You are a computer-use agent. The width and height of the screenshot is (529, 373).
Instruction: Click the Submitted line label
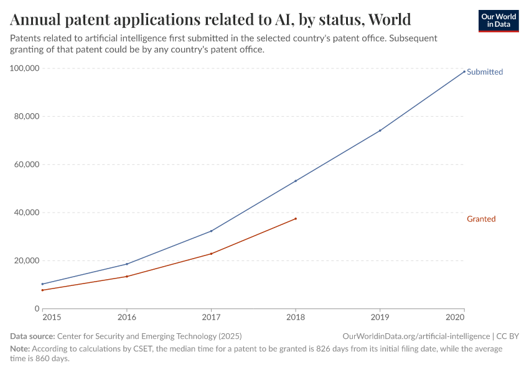(x=484, y=71)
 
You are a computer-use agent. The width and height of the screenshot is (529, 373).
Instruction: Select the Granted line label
(x=481, y=219)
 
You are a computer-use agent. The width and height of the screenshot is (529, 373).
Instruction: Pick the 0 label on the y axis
(x=37, y=309)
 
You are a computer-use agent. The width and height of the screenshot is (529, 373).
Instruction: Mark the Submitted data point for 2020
(x=464, y=71)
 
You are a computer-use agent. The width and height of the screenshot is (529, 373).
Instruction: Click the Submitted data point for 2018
(x=296, y=181)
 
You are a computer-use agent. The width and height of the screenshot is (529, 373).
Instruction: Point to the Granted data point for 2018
(x=296, y=218)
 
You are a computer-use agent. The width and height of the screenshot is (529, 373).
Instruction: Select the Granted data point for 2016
(x=127, y=276)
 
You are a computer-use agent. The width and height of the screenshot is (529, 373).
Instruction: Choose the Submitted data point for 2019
(x=380, y=131)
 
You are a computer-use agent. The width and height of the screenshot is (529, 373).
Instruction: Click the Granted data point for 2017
(x=211, y=254)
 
